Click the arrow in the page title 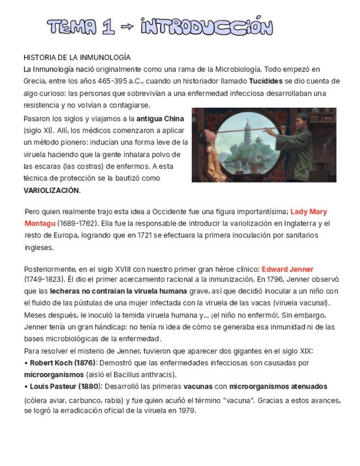click(x=127, y=27)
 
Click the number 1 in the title click(x=108, y=27)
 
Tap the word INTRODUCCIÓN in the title click(x=207, y=26)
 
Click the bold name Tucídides click(x=266, y=81)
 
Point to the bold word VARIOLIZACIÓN click(x=52, y=190)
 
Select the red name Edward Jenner click(x=287, y=269)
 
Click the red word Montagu click(x=40, y=223)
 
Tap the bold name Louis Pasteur click(x=54, y=386)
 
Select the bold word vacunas click(x=197, y=386)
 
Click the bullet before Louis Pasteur click(x=26, y=386)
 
